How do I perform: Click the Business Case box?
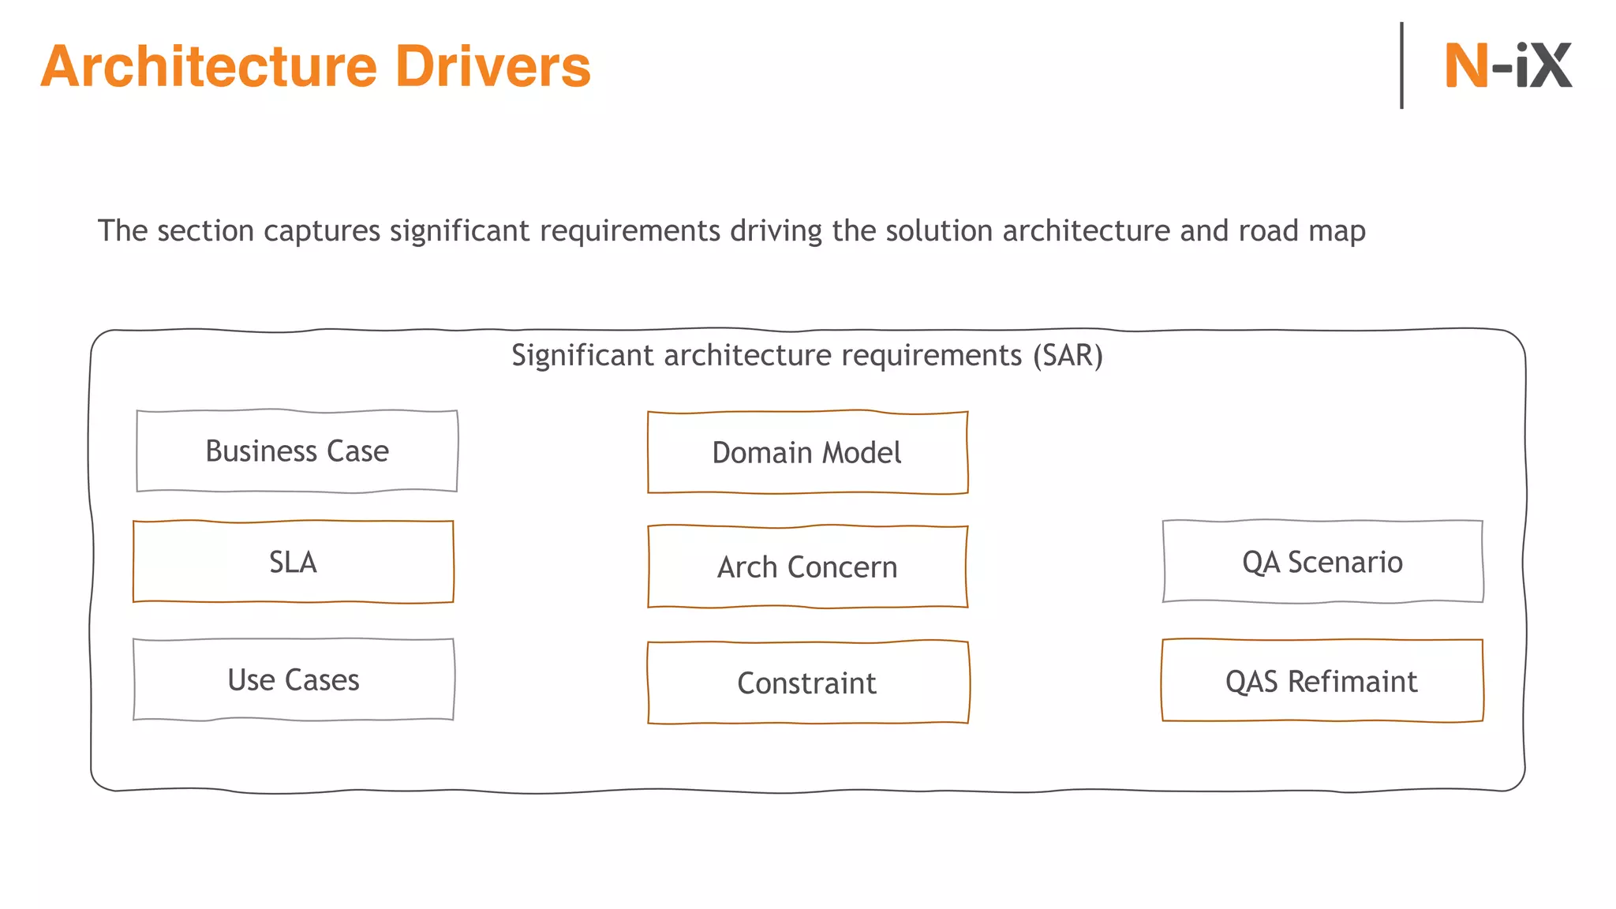(x=297, y=451)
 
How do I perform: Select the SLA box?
(x=294, y=562)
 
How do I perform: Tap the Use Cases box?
(x=294, y=680)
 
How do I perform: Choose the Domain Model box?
(x=807, y=453)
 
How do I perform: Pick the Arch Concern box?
(x=807, y=567)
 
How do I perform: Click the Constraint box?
(x=807, y=683)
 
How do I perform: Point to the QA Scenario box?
(x=1322, y=562)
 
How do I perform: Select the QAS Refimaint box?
(x=1322, y=681)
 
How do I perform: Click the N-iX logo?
(x=1507, y=65)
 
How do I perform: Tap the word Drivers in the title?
(x=492, y=66)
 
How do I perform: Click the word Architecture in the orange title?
(x=209, y=66)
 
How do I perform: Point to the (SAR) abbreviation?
(x=1068, y=356)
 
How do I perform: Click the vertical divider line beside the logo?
(x=1401, y=65)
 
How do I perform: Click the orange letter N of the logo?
(x=1466, y=65)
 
